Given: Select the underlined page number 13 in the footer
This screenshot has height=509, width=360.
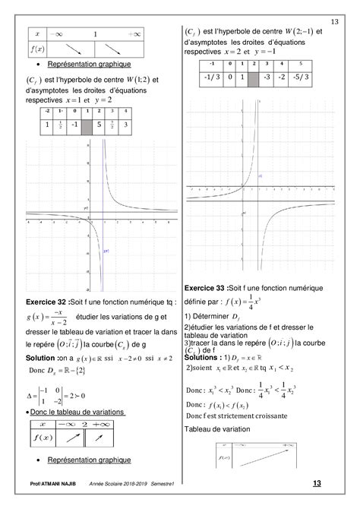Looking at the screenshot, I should coord(317,483).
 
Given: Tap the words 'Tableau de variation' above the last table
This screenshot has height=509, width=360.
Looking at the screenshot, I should coord(213,430).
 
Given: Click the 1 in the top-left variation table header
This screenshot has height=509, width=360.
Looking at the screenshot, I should coord(95,34).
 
